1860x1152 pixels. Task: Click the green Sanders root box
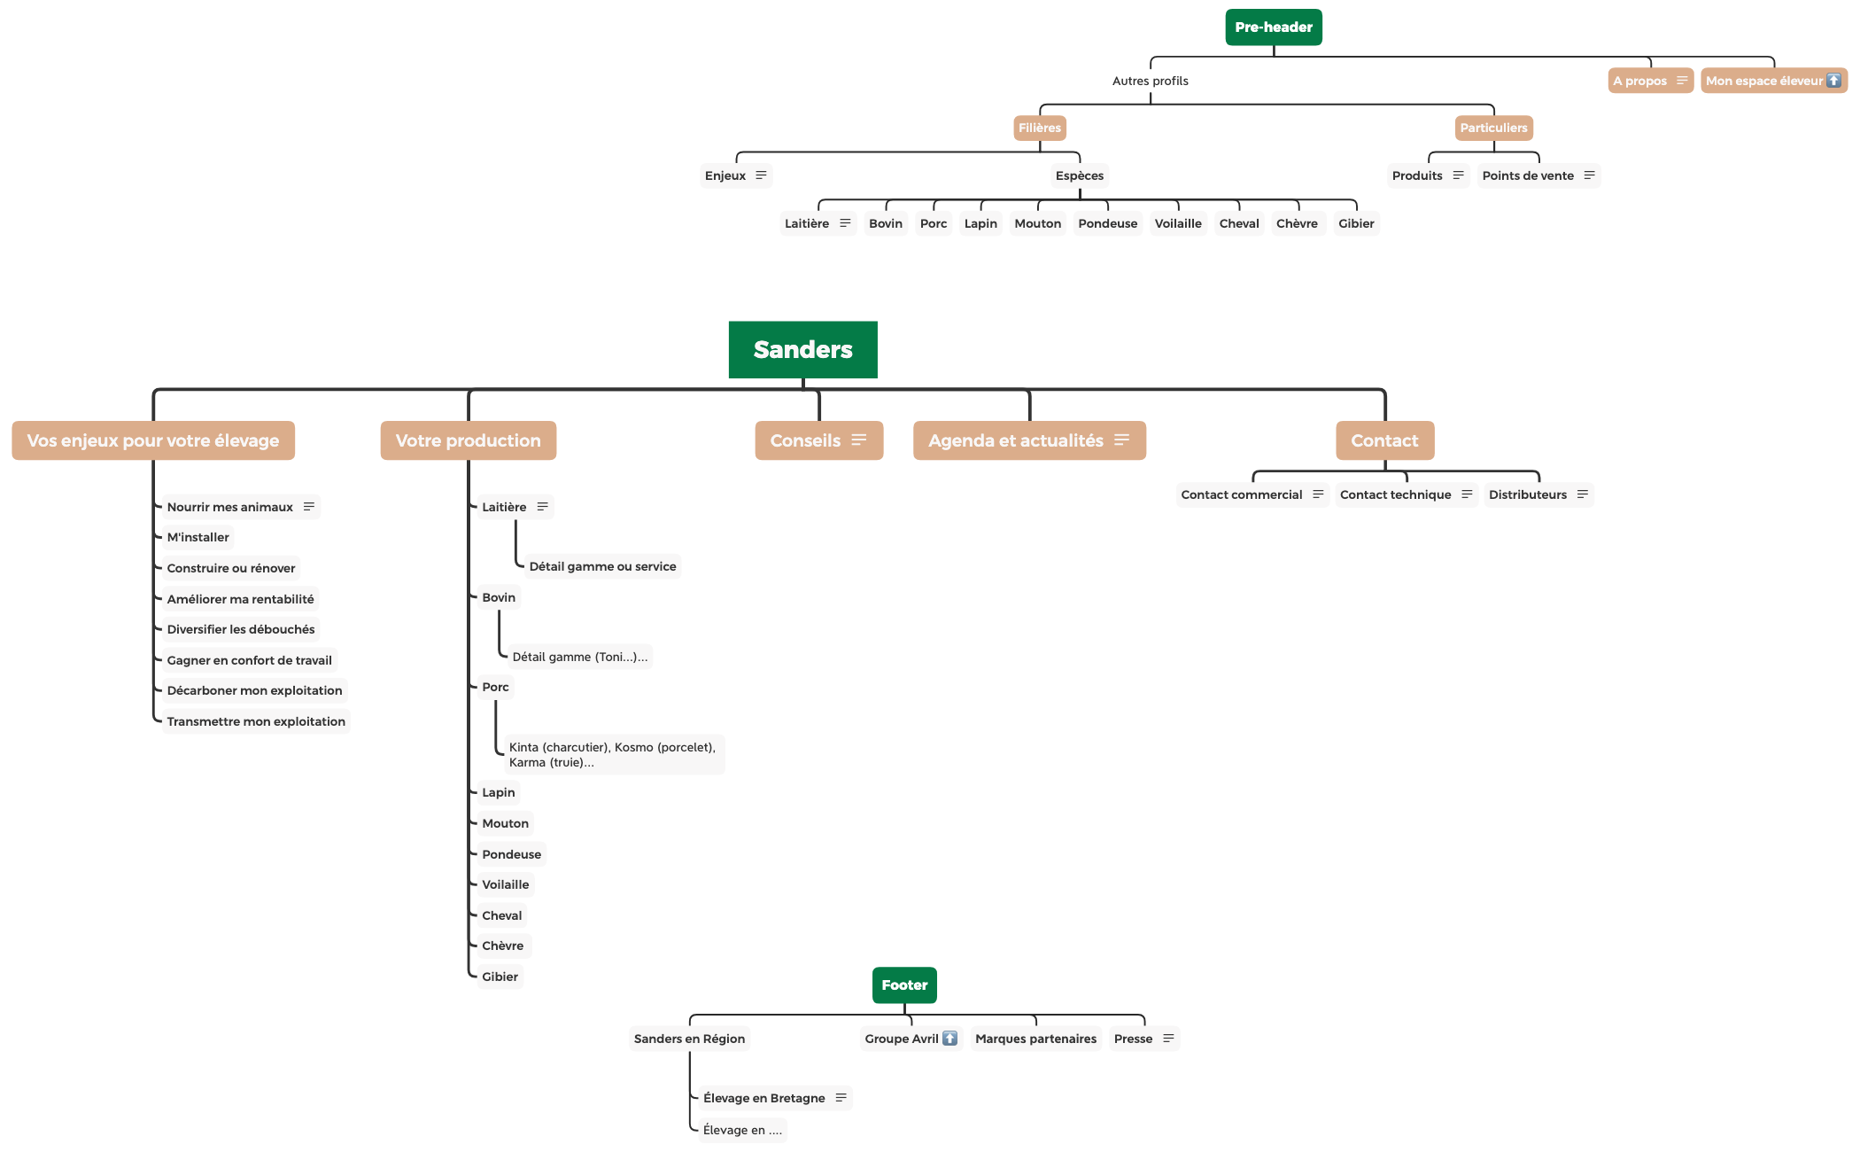[802, 350]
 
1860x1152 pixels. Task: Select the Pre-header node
[1273, 27]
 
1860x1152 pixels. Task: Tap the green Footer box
[903, 985]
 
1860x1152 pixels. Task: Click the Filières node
[1039, 128]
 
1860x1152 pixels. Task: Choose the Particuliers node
[1492, 128]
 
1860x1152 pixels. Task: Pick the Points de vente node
[1528, 175]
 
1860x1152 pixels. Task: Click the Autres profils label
[1150, 81]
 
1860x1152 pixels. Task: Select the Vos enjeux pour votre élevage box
[153, 440]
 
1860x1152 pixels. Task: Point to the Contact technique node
[1395, 494]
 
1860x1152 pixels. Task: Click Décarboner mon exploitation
[254, 690]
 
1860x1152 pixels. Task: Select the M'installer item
[198, 537]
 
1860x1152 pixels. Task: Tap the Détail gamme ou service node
[602, 566]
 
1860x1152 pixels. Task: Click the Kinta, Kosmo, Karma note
[612, 754]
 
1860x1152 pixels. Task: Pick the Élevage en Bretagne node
[763, 1098]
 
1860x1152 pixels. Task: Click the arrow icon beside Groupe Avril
[949, 1038]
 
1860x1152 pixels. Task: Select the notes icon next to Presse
[1168, 1038]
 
